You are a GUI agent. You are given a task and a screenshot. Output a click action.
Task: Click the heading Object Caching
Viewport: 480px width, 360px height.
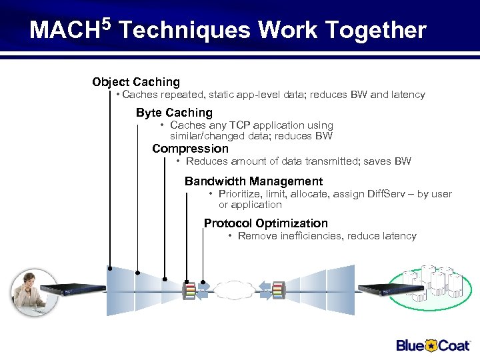136,82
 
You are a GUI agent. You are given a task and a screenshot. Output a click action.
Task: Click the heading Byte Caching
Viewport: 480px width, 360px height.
174,113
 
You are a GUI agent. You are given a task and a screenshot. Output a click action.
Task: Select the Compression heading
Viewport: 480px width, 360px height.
190,149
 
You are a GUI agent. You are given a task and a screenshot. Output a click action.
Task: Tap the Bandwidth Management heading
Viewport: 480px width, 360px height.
253,181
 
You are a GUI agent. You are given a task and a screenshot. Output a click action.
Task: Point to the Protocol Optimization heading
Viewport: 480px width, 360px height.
265,223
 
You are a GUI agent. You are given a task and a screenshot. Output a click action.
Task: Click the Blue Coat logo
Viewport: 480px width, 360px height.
433,345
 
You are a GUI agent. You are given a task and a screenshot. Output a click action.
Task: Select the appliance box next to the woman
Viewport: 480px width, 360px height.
73,289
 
